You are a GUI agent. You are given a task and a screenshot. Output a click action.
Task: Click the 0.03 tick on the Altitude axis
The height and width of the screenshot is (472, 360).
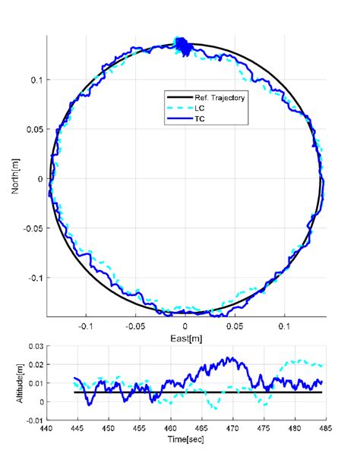tap(35, 346)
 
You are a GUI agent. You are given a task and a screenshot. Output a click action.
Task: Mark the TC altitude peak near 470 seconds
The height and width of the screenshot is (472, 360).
tap(232, 358)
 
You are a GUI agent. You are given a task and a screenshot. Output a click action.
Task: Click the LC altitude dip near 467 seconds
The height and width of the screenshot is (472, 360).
tap(215, 408)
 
